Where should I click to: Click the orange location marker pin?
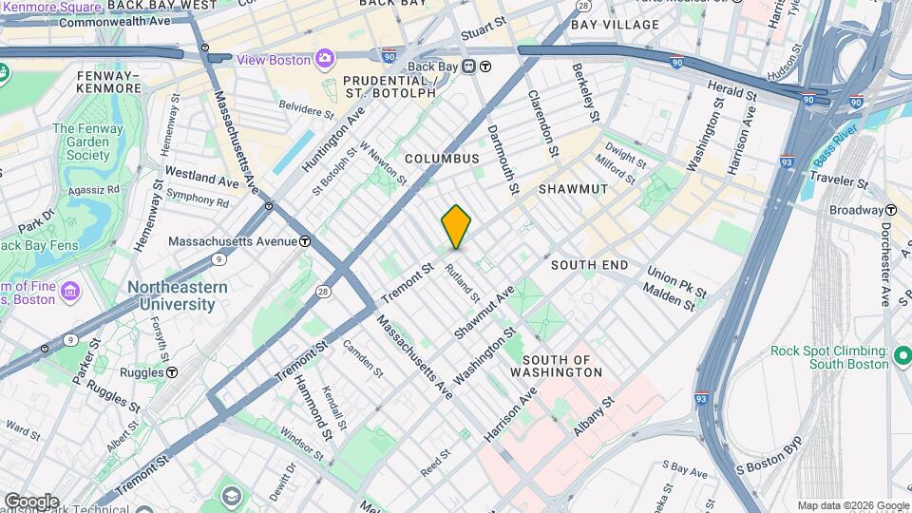coord(456,226)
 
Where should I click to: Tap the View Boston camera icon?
coord(325,59)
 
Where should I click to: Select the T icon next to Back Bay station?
coord(484,66)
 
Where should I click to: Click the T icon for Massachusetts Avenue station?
coord(304,241)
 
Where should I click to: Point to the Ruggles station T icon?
coord(172,372)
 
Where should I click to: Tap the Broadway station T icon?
coord(891,210)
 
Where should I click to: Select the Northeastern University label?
coord(178,295)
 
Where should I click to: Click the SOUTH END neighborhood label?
coord(589,265)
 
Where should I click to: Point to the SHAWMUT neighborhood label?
coord(573,189)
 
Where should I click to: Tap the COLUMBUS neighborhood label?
coord(442,159)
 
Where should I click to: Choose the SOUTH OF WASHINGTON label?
coord(562,366)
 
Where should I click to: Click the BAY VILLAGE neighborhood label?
coord(616,25)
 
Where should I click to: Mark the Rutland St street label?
coord(463,282)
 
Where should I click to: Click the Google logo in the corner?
coord(31,501)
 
